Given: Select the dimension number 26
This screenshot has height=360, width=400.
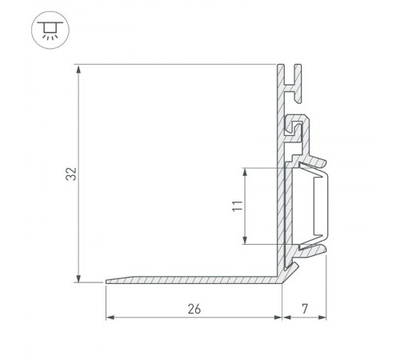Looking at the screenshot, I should pos(194,308).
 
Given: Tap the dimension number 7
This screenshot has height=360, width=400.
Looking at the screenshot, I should pos(305,308).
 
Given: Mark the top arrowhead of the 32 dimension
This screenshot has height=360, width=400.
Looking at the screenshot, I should pos(78,69).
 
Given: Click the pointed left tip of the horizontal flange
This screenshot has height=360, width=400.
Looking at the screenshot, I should pos(108,281).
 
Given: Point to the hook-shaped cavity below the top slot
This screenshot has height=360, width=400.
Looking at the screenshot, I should pos(300,128).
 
